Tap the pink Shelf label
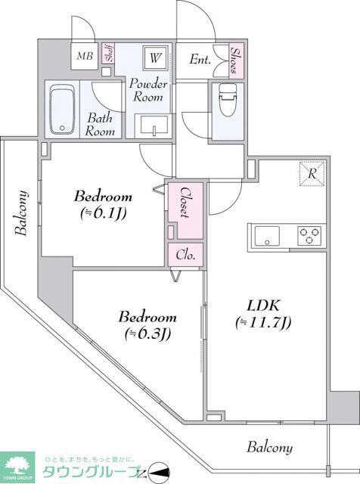point(110,54)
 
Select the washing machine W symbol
point(156,57)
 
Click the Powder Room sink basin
point(154,126)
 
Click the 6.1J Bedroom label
point(103,204)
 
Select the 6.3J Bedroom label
point(147,324)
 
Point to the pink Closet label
point(183,202)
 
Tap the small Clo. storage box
point(186,255)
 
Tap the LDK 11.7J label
point(264,314)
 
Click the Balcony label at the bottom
point(270,447)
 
